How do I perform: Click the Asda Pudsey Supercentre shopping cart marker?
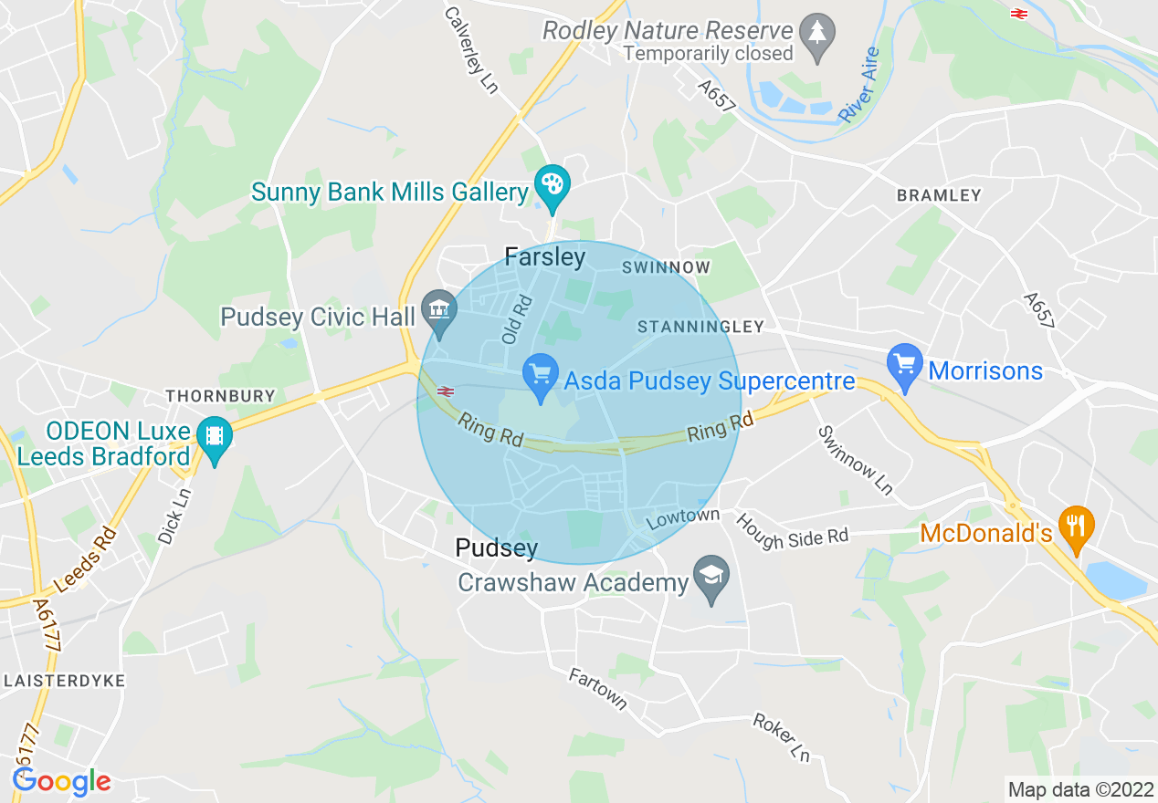tap(540, 375)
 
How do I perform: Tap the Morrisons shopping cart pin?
tap(905, 365)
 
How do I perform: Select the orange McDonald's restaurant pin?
tap(1077, 527)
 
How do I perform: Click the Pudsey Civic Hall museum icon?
tap(439, 310)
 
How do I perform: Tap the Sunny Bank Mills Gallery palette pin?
tap(553, 185)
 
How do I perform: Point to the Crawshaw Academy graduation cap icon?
tap(709, 578)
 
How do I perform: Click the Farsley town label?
tap(545, 257)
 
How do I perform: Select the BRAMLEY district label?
tap(939, 195)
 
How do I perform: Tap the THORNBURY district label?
tap(220, 396)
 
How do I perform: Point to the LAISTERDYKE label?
tap(64, 681)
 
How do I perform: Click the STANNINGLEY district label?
tap(700, 327)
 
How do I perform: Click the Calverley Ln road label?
tap(471, 49)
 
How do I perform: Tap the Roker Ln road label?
tap(781, 737)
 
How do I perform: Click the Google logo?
tap(62, 782)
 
